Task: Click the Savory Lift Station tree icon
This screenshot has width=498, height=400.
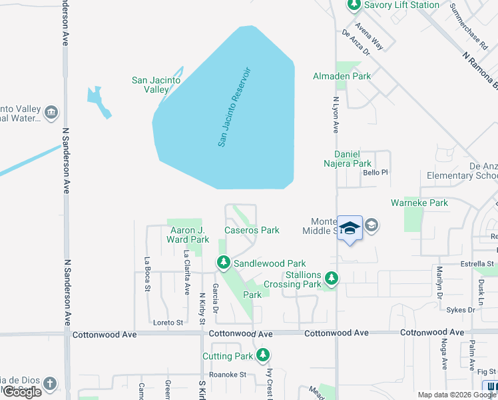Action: (354, 5)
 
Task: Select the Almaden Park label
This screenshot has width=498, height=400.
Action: (342, 76)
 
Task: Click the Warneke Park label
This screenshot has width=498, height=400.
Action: (419, 203)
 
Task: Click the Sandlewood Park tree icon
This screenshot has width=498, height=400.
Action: (222, 264)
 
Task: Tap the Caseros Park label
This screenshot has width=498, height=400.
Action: (252, 230)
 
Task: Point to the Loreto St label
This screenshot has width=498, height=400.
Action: (168, 323)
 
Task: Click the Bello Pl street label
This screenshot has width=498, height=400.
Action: (375, 172)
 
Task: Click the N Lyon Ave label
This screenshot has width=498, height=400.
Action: (336, 114)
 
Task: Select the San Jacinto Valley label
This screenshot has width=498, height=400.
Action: (156, 85)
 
